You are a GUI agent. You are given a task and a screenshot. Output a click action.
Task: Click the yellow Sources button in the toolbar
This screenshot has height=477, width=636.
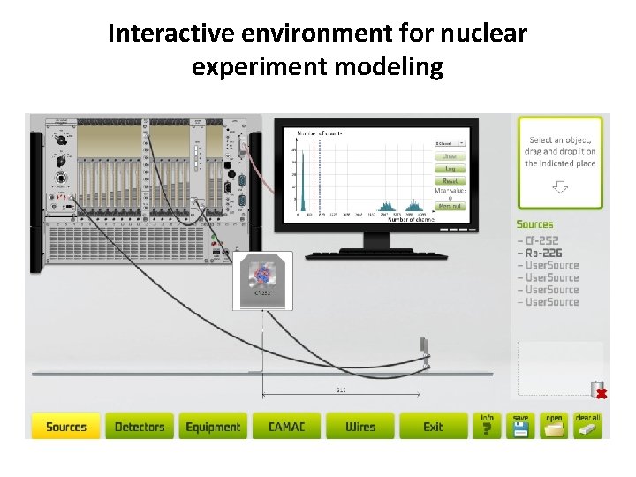(65, 427)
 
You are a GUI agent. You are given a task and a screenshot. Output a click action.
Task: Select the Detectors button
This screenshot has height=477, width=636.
(140, 427)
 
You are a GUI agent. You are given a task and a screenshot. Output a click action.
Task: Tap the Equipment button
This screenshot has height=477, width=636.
(213, 427)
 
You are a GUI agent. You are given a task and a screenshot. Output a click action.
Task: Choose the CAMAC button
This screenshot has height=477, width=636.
(286, 427)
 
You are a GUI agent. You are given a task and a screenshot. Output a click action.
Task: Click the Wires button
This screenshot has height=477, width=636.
(360, 427)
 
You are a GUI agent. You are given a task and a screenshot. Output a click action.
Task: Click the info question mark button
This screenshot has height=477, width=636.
(487, 426)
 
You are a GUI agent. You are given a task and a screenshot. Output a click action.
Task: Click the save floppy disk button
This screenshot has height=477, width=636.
(520, 426)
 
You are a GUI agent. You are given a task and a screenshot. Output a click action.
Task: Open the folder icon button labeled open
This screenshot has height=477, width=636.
(554, 426)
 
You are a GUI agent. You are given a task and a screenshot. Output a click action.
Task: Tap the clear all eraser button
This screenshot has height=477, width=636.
(587, 426)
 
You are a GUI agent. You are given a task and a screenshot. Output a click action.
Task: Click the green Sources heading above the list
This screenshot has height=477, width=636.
(535, 224)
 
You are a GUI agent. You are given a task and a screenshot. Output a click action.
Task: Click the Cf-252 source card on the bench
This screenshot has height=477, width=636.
(262, 280)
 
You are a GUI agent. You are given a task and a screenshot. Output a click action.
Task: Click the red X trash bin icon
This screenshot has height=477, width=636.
(600, 391)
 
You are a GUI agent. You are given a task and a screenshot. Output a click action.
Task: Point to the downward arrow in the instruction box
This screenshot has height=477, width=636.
(560, 186)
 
